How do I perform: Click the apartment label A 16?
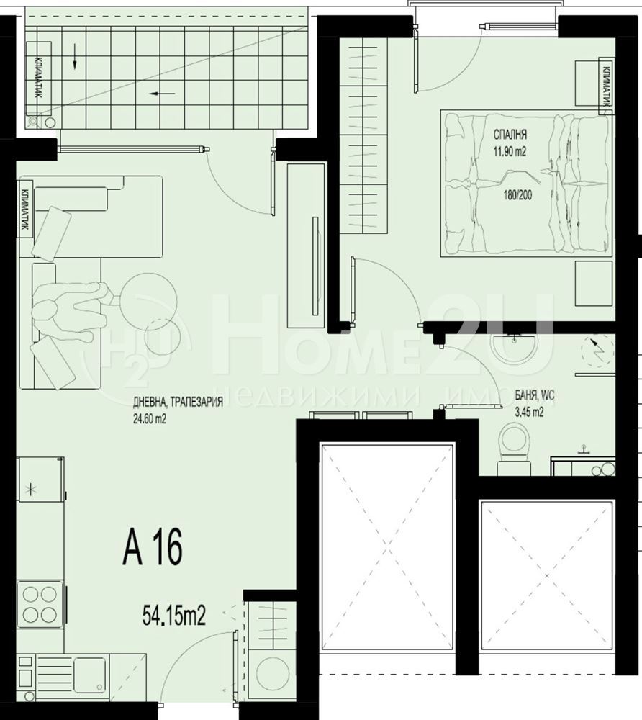pos(153,547)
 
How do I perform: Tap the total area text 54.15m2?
pos(173,616)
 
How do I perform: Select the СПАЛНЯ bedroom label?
pos(510,135)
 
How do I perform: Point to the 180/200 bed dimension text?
pos(517,195)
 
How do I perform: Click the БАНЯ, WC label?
pos(535,395)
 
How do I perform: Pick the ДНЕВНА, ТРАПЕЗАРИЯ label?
pos(178,402)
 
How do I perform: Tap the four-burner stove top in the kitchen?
pos(40,604)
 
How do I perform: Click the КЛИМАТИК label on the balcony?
pos(39,78)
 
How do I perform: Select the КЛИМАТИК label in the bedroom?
pos(606,86)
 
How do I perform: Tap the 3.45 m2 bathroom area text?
pos(530,412)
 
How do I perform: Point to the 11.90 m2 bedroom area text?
pos(510,151)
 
